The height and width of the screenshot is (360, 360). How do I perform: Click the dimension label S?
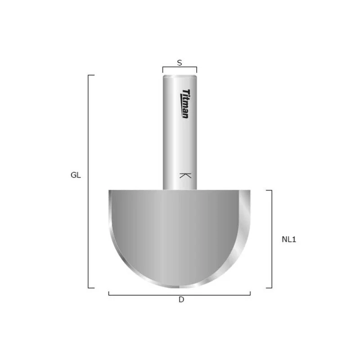180,63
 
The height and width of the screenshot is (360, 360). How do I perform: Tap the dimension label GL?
76,175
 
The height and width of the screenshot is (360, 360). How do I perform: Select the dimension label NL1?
289,239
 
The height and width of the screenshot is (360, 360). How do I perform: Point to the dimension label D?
181,300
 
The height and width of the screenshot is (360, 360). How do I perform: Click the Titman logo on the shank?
185,104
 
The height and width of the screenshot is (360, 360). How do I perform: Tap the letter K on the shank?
185,175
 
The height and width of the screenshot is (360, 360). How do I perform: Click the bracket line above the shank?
180,67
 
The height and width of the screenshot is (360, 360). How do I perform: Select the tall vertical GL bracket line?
88,181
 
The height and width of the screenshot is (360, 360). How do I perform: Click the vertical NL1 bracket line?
272,239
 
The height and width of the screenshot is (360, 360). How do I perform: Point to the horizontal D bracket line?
179,295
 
